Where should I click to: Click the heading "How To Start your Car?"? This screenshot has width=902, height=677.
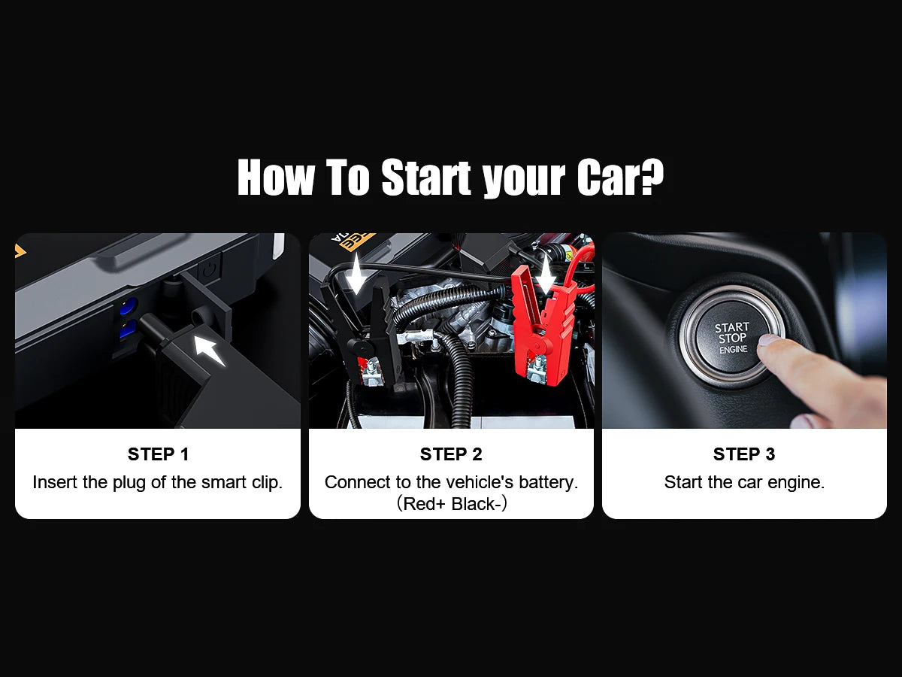[450, 178]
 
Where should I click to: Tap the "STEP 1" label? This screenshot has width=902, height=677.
[158, 454]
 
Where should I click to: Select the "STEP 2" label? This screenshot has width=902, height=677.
[451, 454]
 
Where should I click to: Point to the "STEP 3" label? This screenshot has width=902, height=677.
[744, 454]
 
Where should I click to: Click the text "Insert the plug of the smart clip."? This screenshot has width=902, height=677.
[158, 482]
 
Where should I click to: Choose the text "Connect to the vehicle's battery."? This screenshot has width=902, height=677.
[451, 482]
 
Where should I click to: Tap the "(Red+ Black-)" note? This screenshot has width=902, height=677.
[452, 503]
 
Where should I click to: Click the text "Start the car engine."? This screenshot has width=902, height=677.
[744, 482]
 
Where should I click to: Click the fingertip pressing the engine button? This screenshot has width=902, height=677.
[767, 342]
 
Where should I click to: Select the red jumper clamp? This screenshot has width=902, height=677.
[543, 323]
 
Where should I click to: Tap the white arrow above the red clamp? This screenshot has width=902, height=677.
[545, 272]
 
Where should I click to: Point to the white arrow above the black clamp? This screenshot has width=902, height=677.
[356, 272]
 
